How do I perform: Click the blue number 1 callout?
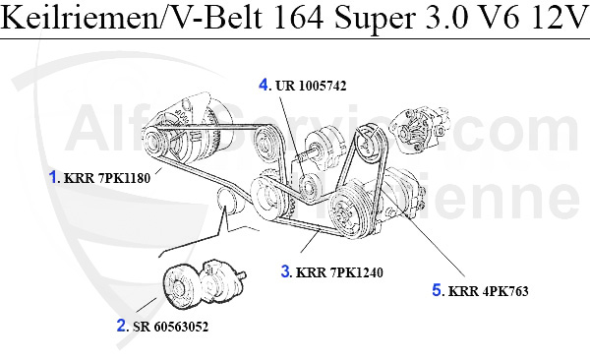pyautogui.click(x=55, y=178)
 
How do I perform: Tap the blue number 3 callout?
pyautogui.click(x=286, y=270)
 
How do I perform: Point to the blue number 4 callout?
pyautogui.click(x=265, y=85)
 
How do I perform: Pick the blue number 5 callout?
pyautogui.click(x=437, y=290)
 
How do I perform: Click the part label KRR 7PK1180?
pyautogui.click(x=109, y=179)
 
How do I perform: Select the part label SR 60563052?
pyautogui.click(x=171, y=325)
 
